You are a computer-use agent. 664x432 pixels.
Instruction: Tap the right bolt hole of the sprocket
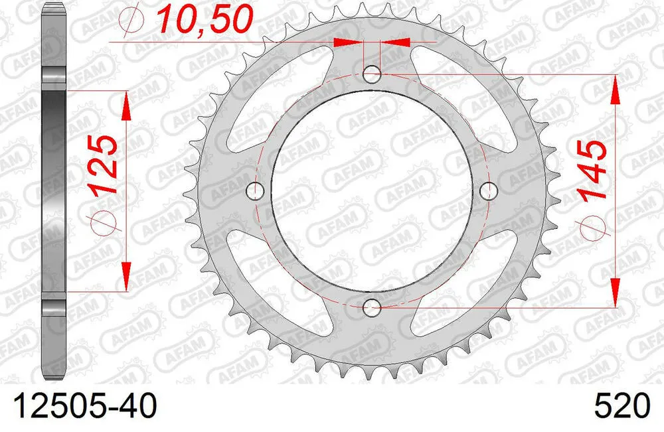[489, 191]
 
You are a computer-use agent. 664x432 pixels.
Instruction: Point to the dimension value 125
[105, 164]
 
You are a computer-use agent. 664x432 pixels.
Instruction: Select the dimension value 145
[592, 171]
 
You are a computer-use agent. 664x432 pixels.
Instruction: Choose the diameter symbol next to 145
[592, 229]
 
